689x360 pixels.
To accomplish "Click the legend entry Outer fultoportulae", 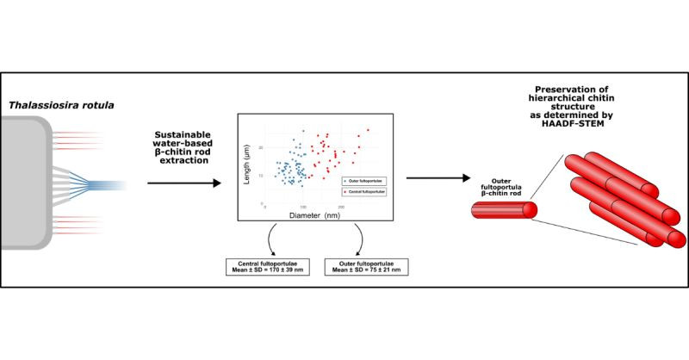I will point(361,180).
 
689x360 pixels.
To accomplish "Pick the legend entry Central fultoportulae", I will point(361,192).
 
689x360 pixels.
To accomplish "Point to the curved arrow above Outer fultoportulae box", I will point(357,239).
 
